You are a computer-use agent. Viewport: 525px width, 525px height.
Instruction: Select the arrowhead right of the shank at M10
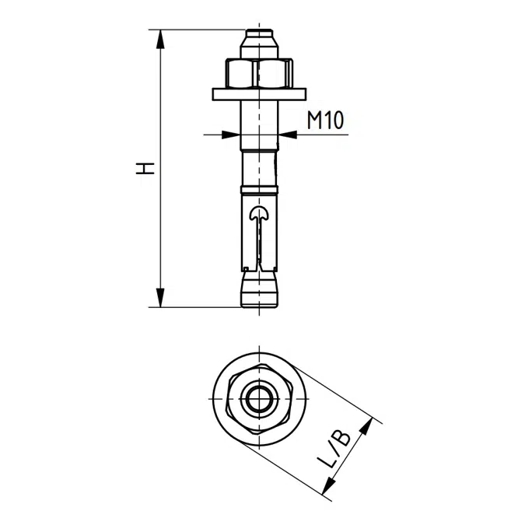point(287,135)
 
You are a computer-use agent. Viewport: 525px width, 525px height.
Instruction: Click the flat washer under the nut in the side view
point(258,95)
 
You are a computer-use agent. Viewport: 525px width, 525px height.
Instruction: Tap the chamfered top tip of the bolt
point(258,37)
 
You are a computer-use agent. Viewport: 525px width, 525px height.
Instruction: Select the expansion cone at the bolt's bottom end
point(258,292)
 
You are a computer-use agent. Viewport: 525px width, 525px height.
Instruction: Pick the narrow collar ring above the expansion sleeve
point(258,190)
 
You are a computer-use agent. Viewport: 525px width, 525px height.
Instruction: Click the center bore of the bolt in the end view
point(258,401)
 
